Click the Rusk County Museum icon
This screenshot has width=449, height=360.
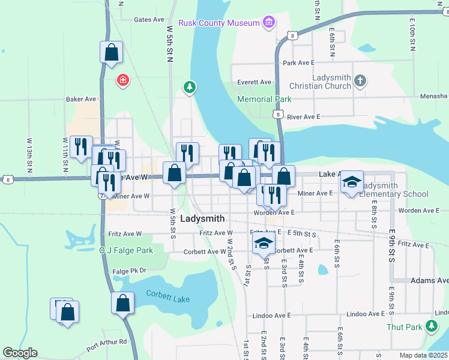pyautogui.click(x=268, y=23)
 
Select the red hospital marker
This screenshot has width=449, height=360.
pyautogui.click(x=123, y=80)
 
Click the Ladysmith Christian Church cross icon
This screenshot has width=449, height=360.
pyautogui.click(x=360, y=81)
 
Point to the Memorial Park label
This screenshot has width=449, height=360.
pyautogui.click(x=264, y=99)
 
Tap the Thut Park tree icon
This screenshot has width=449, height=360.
pyautogui.click(x=431, y=326)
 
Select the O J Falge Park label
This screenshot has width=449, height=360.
pyautogui.click(x=126, y=250)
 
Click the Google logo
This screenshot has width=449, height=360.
pyautogui.click(x=20, y=353)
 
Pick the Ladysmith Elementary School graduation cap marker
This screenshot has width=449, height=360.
pyautogui.click(x=352, y=182)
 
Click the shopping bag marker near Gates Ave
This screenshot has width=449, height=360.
pyautogui.click(x=112, y=52)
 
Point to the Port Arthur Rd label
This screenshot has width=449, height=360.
pyautogui.click(x=106, y=343)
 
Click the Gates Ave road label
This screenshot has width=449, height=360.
pyautogui.click(x=149, y=19)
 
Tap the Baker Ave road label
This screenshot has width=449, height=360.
pyautogui.click(x=82, y=99)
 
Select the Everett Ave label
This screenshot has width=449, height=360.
pyautogui.click(x=254, y=82)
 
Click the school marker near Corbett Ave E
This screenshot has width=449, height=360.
pyautogui.click(x=262, y=244)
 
